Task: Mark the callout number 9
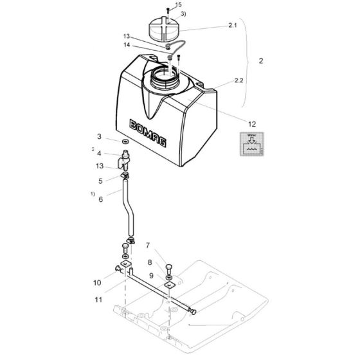pyautogui.click(x=150, y=275)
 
